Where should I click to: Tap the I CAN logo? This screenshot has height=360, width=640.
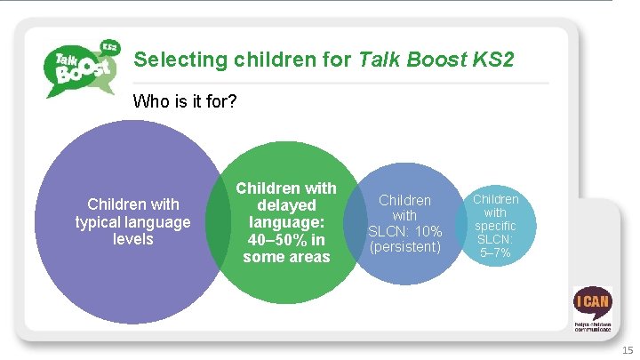pyautogui.click(x=591, y=306)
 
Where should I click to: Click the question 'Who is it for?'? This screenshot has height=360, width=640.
pyautogui.click(x=184, y=101)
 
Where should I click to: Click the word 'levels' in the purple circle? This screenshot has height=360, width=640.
pyautogui.click(x=132, y=239)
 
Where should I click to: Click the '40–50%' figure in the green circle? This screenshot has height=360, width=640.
pyautogui.click(x=278, y=240)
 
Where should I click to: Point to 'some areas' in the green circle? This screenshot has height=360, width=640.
pyautogui.click(x=285, y=257)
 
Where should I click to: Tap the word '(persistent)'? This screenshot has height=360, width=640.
pyautogui.click(x=404, y=246)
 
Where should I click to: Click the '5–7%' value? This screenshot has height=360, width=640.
pyautogui.click(x=495, y=252)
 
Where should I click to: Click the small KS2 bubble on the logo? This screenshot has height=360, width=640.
pyautogui.click(x=110, y=46)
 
